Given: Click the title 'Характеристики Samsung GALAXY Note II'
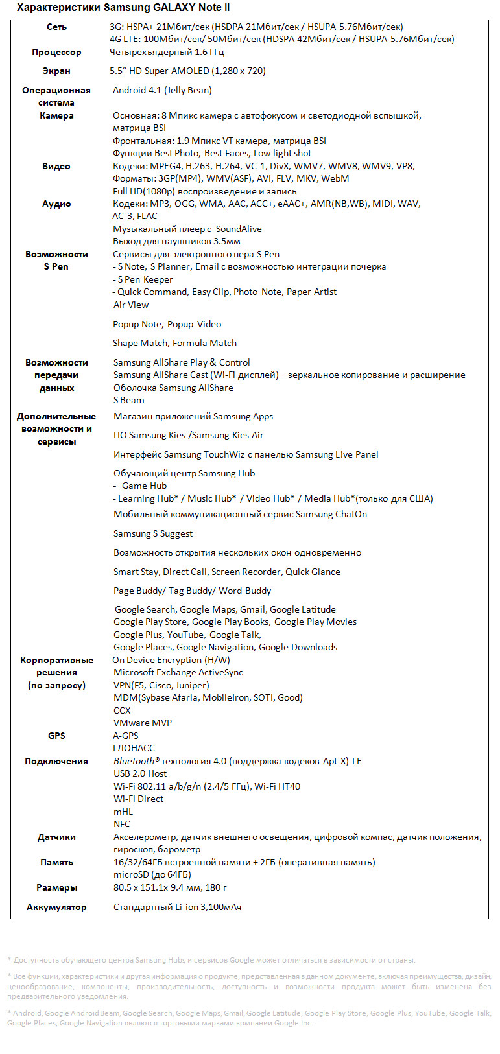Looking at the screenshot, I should (x=123, y=8).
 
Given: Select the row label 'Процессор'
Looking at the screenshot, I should (x=56, y=53).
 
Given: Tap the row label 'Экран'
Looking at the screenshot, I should (x=56, y=71).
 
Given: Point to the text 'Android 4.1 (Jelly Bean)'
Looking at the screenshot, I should (x=162, y=91).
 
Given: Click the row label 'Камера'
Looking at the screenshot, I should (x=56, y=116).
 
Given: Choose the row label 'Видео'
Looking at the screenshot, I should (x=56, y=167).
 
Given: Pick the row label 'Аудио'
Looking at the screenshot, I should (x=56, y=204).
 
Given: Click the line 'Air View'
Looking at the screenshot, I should (x=131, y=305).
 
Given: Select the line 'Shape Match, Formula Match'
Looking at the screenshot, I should (x=175, y=344).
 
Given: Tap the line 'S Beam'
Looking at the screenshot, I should (x=129, y=401).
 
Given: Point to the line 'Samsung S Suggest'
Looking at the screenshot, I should (x=153, y=534).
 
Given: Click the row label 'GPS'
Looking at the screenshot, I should (x=56, y=736).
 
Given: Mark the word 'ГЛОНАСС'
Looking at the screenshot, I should (x=134, y=749).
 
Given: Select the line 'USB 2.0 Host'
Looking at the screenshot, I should (x=140, y=774).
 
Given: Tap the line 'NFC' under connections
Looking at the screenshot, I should (x=122, y=825).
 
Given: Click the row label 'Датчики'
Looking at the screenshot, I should (x=56, y=837).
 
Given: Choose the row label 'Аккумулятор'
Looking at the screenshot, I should (x=56, y=908).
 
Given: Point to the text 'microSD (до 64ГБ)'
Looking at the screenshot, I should (x=152, y=875).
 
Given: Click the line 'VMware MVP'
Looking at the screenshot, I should (x=143, y=723).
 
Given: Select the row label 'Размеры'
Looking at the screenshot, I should (x=56, y=888).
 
